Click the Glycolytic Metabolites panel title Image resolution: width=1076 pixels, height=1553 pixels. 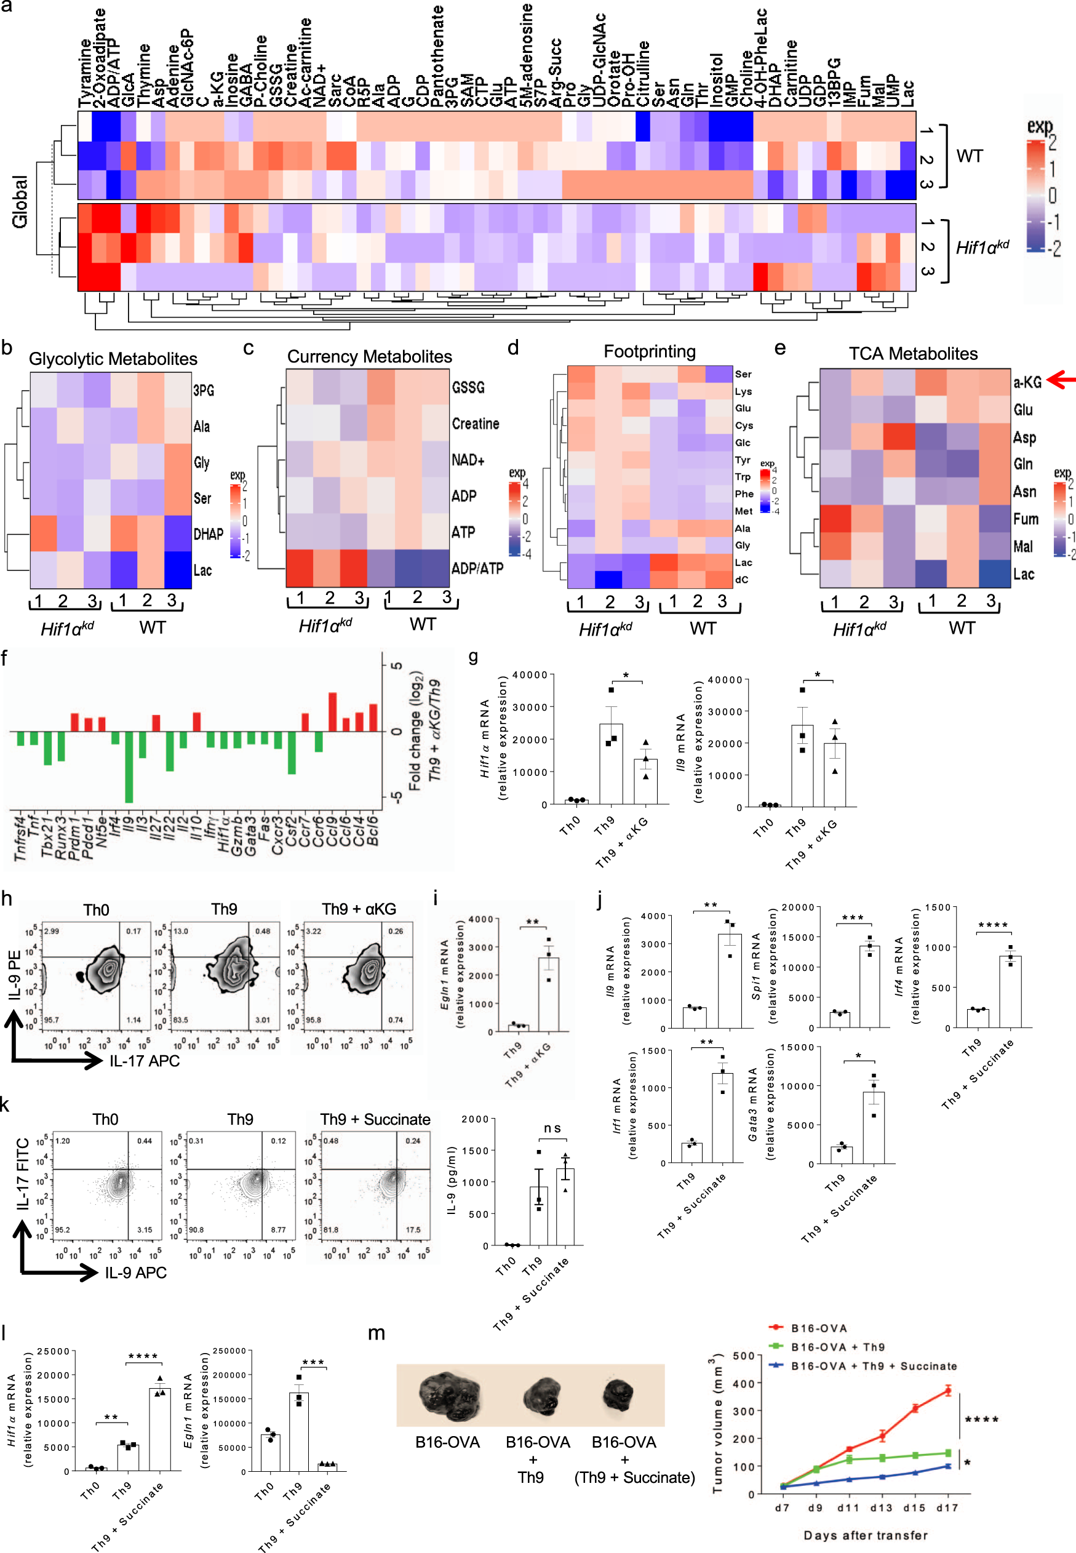pyautogui.click(x=113, y=359)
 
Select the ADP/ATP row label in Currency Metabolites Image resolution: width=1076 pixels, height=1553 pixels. pyautogui.click(x=477, y=569)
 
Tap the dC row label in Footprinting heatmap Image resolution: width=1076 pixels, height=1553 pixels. pyautogui.click(x=741, y=579)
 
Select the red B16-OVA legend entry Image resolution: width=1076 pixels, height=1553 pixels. pyautogui.click(x=818, y=1328)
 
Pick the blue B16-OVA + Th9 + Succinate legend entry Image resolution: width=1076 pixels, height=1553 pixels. pyautogui.click(x=873, y=1365)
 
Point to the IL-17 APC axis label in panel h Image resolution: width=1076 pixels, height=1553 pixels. pyautogui.click(x=145, y=1061)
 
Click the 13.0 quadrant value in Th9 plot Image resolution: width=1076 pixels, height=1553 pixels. pyautogui.click(x=181, y=932)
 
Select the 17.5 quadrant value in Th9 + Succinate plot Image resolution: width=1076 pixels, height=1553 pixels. pyautogui.click(x=413, y=1229)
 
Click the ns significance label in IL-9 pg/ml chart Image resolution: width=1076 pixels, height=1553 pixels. pyautogui.click(x=552, y=1128)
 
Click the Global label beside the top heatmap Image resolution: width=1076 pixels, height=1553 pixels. pyautogui.click(x=20, y=201)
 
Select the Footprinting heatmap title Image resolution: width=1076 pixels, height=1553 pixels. pyautogui.click(x=649, y=351)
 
